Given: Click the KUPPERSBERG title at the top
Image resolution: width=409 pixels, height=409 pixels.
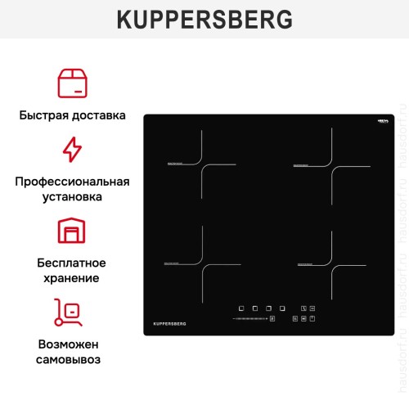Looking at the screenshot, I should click(x=204, y=20).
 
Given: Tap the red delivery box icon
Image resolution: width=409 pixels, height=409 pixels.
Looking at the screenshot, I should click(x=73, y=83).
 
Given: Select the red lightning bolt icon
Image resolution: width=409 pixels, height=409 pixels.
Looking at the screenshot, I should click(x=73, y=150).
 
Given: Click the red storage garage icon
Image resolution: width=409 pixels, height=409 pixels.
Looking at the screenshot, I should click(x=73, y=231).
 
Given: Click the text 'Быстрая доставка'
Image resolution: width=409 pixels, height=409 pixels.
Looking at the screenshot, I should click(x=73, y=115).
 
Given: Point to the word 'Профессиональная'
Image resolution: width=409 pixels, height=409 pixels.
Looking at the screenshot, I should click(x=73, y=182).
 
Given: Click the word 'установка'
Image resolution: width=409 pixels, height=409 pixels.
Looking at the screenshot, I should click(x=73, y=197).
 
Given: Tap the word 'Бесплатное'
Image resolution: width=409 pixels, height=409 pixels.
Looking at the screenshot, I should click(x=72, y=263).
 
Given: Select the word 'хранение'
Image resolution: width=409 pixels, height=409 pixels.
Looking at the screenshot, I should click(x=73, y=278).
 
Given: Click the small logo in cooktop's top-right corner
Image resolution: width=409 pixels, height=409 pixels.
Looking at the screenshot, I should click(x=381, y=123).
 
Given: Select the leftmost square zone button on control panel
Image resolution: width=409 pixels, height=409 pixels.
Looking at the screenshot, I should click(x=241, y=308).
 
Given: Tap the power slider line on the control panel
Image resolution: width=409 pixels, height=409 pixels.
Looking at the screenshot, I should click(x=249, y=318).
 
